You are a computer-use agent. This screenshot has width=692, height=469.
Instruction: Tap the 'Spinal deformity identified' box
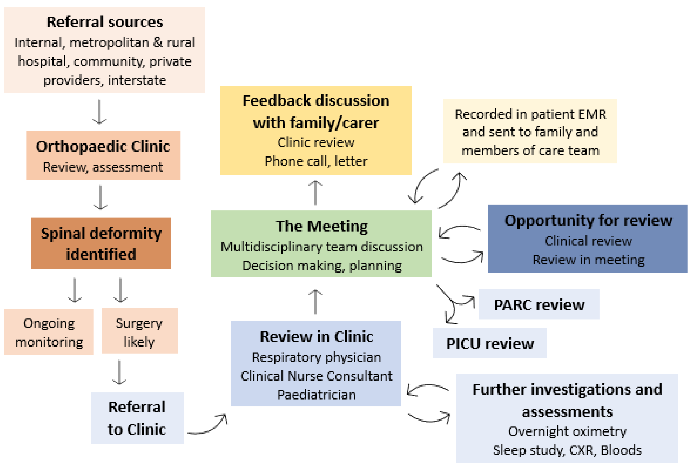pyautogui.click(x=101, y=243)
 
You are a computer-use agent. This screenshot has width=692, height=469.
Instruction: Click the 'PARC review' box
pyautogui.click(x=539, y=304)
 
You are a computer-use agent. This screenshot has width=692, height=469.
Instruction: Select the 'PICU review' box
pyautogui.click(x=490, y=343)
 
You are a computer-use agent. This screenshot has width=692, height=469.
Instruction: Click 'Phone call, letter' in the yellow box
pyautogui.click(x=316, y=161)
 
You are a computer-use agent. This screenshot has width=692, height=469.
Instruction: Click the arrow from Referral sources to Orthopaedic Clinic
pyautogui.click(x=99, y=112)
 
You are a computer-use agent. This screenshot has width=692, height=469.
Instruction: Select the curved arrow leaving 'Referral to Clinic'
pyautogui.click(x=209, y=424)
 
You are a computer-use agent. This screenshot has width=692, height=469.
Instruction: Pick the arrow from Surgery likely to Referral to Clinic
pyautogui.click(x=119, y=372)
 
